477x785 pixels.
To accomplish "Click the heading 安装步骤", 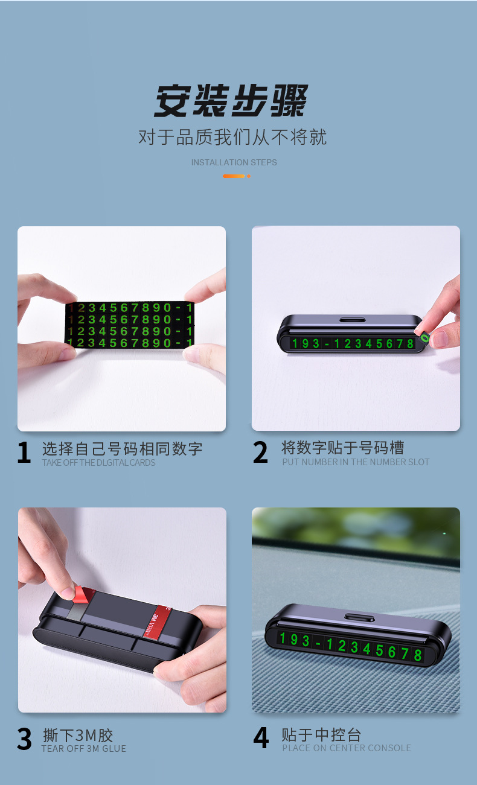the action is coord(231,101).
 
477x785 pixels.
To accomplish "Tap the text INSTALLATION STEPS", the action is coord(234,162).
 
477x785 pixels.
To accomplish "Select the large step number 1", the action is coord(24,453).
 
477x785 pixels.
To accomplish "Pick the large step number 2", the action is coord(260,452).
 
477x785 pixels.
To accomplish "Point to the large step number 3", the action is coord(24,739).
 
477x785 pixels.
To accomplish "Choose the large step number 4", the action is coord(261,738).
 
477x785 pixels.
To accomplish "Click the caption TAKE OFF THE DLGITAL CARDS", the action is coord(98,463).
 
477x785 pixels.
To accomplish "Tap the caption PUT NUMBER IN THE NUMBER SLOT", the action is coord(356,462).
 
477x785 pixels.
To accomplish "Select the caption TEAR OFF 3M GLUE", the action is coord(84,749).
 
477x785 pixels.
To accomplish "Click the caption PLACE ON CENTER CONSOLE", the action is coord(347,748).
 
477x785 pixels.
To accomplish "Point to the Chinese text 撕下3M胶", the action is coord(78,736).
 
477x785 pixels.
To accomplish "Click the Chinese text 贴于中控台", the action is coord(321,734).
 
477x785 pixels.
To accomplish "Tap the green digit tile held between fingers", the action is coord(424,337).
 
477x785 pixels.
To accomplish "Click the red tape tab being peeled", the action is coord(81,594).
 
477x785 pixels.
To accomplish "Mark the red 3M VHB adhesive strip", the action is coord(157,621).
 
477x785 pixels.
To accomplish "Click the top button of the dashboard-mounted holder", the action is coord(359,617).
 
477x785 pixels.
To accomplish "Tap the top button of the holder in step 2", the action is coord(353,319).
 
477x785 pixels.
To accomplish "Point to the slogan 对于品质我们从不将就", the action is coord(232,137).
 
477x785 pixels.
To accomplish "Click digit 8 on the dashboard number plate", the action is coord(417,655).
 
